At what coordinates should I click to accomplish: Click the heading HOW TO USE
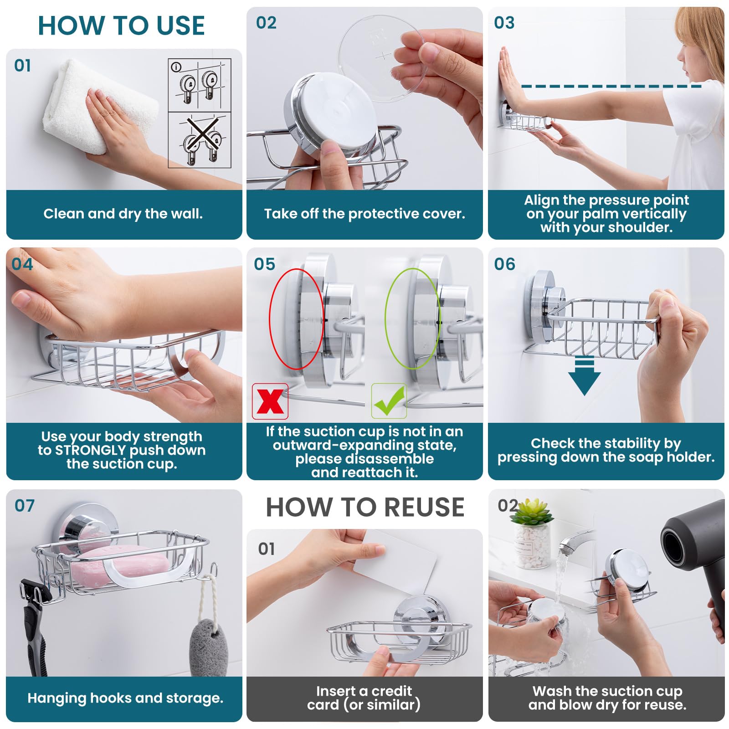click(121, 26)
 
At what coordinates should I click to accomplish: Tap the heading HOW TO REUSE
click(365, 507)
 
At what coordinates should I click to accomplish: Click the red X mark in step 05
click(270, 401)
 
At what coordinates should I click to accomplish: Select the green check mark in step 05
click(389, 401)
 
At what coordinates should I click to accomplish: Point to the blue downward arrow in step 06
click(584, 375)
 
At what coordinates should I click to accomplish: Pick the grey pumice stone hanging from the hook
click(208, 647)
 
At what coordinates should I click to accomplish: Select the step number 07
click(24, 506)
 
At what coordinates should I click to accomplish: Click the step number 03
click(504, 23)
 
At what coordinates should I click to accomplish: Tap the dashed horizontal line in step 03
click(611, 86)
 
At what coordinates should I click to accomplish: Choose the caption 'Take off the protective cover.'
click(364, 214)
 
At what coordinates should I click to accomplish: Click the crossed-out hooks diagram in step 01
click(200, 140)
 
